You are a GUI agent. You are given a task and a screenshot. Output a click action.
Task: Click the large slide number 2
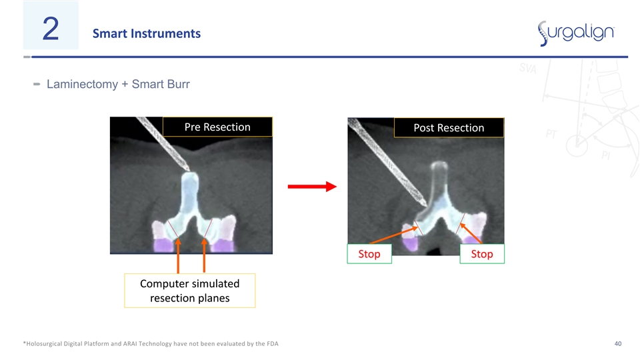[51, 29]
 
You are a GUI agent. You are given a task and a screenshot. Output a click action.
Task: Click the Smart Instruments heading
[147, 33]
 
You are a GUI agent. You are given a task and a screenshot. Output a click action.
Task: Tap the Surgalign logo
[576, 33]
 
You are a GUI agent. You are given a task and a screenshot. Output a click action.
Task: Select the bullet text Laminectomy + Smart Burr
[118, 84]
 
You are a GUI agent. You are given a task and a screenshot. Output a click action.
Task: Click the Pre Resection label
[217, 127]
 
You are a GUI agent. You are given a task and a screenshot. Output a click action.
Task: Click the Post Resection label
[449, 128]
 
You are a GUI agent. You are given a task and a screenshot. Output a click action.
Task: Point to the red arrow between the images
[312, 187]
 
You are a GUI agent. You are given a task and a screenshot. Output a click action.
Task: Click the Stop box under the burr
[369, 254]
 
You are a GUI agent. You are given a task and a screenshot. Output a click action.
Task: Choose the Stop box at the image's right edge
[482, 254]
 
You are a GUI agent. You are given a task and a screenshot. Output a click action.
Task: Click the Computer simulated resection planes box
[190, 291]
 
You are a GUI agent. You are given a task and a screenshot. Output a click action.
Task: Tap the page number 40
[618, 344]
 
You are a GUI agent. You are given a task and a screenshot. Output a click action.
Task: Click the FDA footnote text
[151, 344]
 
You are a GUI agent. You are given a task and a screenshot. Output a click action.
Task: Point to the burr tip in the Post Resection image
[425, 203]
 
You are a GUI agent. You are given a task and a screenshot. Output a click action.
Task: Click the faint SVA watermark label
[528, 68]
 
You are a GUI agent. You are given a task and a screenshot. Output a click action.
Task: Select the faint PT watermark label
[551, 134]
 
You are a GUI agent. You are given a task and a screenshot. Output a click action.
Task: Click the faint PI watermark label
[606, 155]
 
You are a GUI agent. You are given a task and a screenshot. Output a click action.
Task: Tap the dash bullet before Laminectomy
[37, 84]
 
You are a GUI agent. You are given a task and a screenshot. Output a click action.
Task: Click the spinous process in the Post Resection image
[439, 179]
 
